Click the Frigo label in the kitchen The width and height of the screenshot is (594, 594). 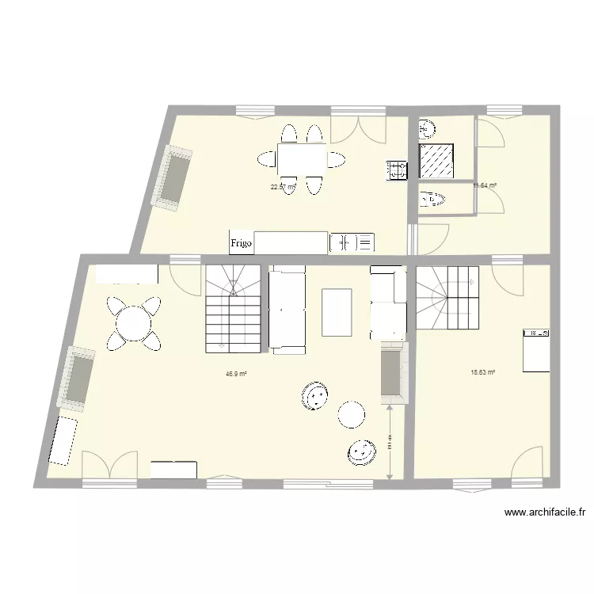pos(242,244)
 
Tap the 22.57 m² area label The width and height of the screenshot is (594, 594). pos(283,187)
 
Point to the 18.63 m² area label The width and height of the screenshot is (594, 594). pos(482,371)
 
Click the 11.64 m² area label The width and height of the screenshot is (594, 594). pos(485,185)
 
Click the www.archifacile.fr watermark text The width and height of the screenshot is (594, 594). pos(544,513)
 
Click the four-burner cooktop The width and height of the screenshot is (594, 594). pos(397,169)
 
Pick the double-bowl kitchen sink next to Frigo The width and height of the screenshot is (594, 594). pos(352,243)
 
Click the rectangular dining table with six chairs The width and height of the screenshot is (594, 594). pos(302,158)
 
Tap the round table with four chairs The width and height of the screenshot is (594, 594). pos(133,322)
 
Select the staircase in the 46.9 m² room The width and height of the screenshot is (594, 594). pos(233,309)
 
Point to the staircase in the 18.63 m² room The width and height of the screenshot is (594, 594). pos(447,297)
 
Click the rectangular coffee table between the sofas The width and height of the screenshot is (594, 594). pos(337,312)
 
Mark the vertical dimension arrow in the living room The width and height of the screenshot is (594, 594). pos(390,444)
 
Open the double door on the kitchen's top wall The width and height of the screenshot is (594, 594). pos(358,128)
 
